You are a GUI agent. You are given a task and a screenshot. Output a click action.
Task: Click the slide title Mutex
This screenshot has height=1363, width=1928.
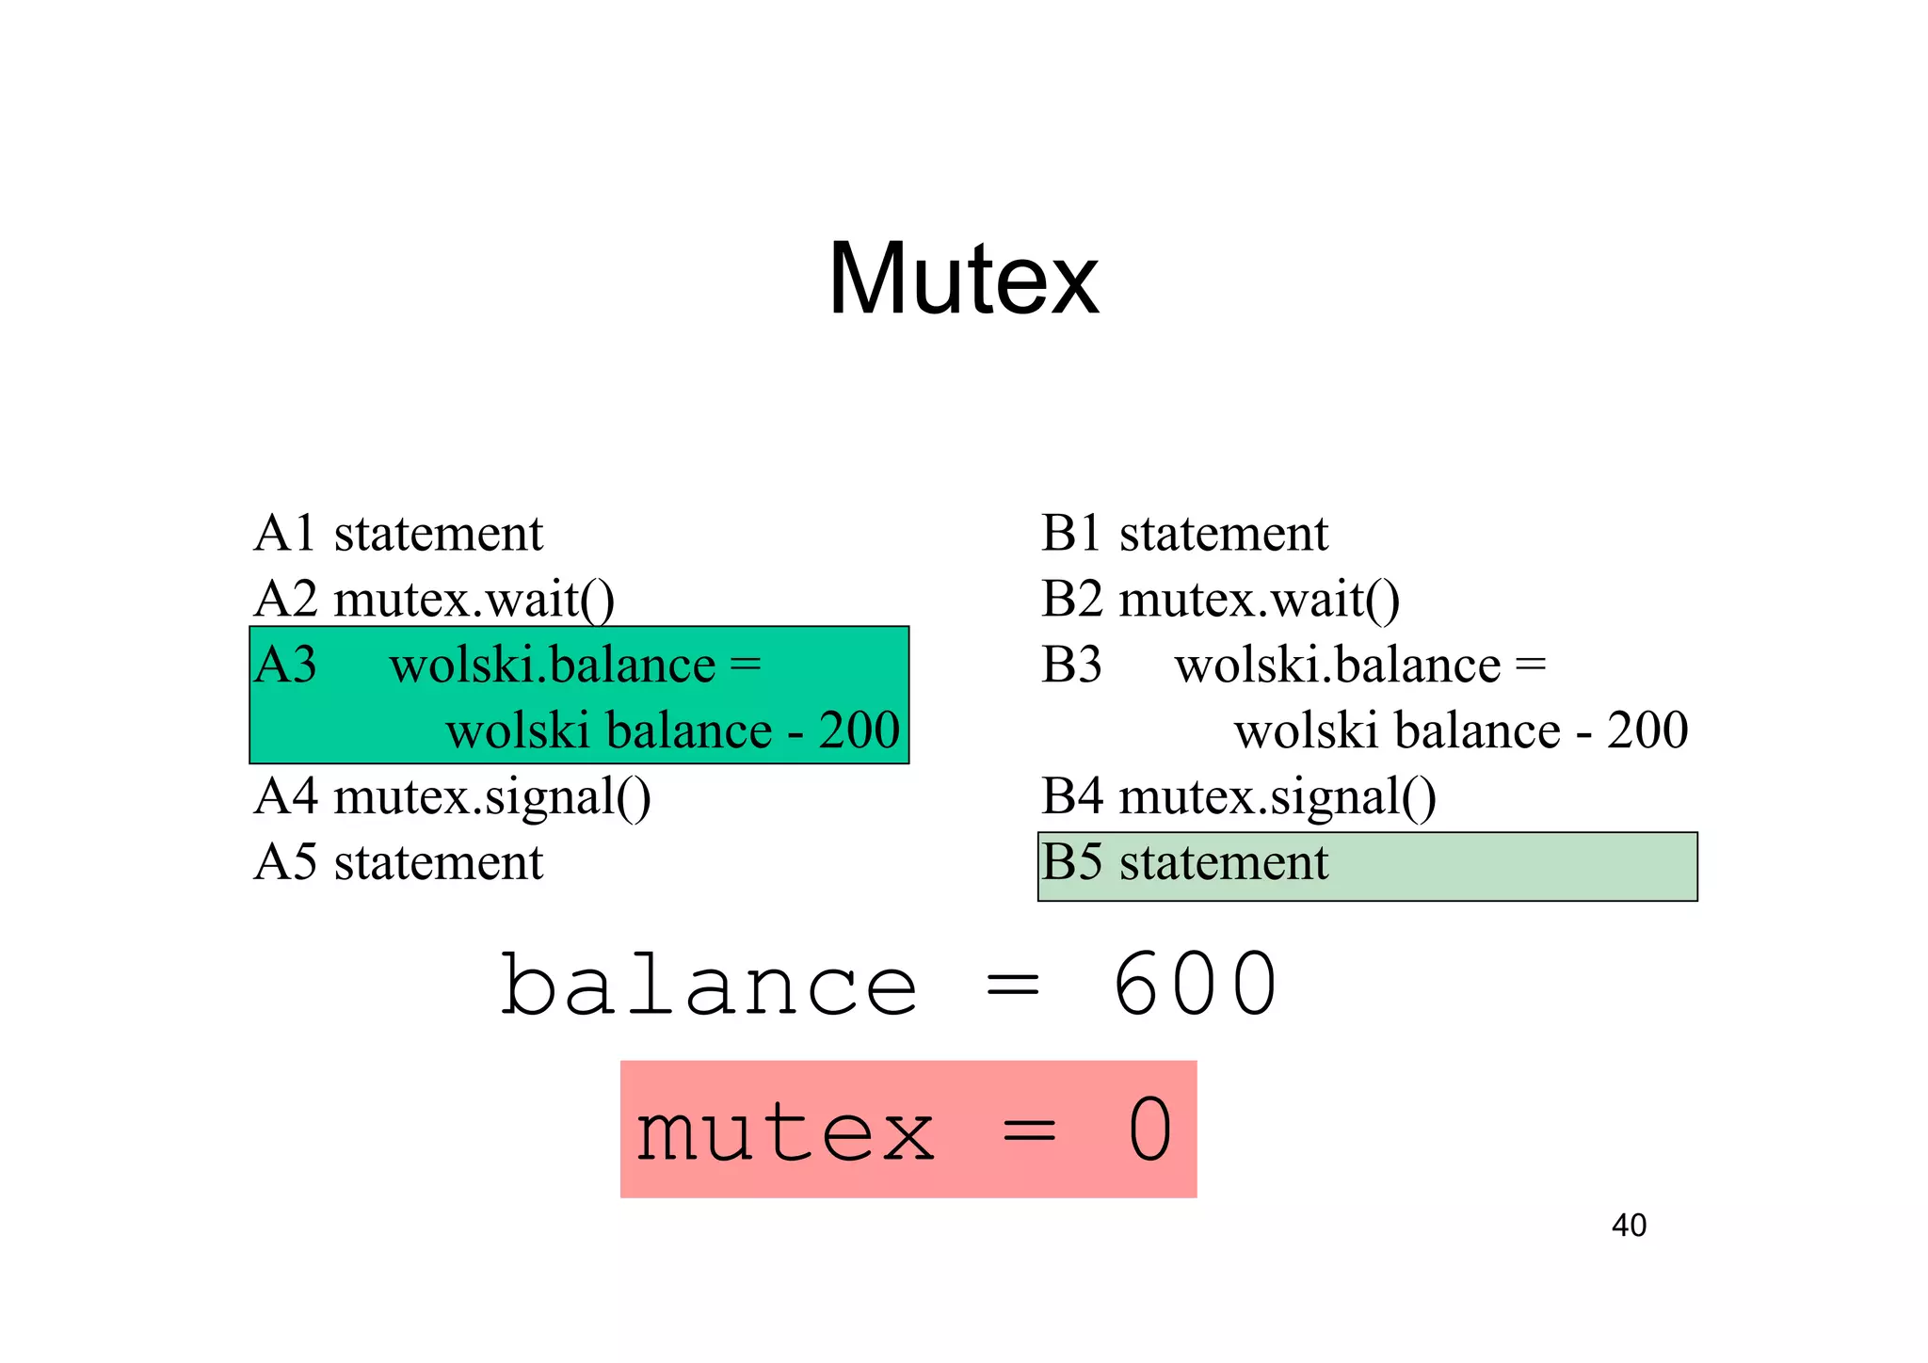[963, 279]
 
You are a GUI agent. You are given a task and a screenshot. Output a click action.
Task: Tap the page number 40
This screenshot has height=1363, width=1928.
[1629, 1226]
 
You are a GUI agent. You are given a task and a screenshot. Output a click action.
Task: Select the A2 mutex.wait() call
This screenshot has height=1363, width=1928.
[474, 600]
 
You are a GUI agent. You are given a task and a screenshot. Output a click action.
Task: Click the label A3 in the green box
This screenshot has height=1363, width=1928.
[285, 665]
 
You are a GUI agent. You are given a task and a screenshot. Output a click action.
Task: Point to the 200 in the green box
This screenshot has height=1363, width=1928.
[859, 730]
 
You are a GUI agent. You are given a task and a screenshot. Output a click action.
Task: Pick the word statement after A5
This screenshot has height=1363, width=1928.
[439, 862]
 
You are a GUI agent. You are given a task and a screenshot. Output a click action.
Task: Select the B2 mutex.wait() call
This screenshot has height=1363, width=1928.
[1260, 600]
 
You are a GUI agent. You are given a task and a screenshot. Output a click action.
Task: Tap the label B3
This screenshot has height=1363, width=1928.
[1071, 665]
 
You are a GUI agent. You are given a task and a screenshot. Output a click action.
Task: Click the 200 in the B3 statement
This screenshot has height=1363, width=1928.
[1647, 730]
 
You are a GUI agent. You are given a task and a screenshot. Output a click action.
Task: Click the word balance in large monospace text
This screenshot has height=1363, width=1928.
[709, 985]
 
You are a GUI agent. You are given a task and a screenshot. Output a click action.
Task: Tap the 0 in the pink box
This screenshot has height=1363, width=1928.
[1149, 1130]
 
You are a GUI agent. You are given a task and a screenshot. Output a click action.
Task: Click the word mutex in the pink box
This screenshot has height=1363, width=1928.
[785, 1130]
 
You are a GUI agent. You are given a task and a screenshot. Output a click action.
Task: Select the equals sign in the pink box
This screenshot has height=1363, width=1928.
[1028, 1130]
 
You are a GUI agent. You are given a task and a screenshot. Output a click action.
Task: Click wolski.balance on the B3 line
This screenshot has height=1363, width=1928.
[1337, 665]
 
